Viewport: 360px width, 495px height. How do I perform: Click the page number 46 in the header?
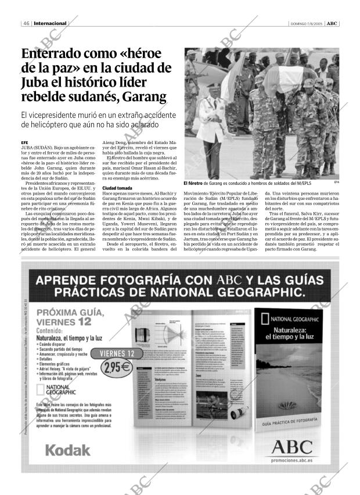[x=27, y=23]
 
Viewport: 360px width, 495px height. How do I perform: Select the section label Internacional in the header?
[x=51, y=23]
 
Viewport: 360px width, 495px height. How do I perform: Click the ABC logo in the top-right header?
[x=332, y=23]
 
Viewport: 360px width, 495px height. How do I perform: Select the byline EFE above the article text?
[x=24, y=142]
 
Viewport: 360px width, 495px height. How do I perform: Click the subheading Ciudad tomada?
[x=117, y=189]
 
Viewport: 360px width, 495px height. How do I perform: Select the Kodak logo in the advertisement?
[x=67, y=449]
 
